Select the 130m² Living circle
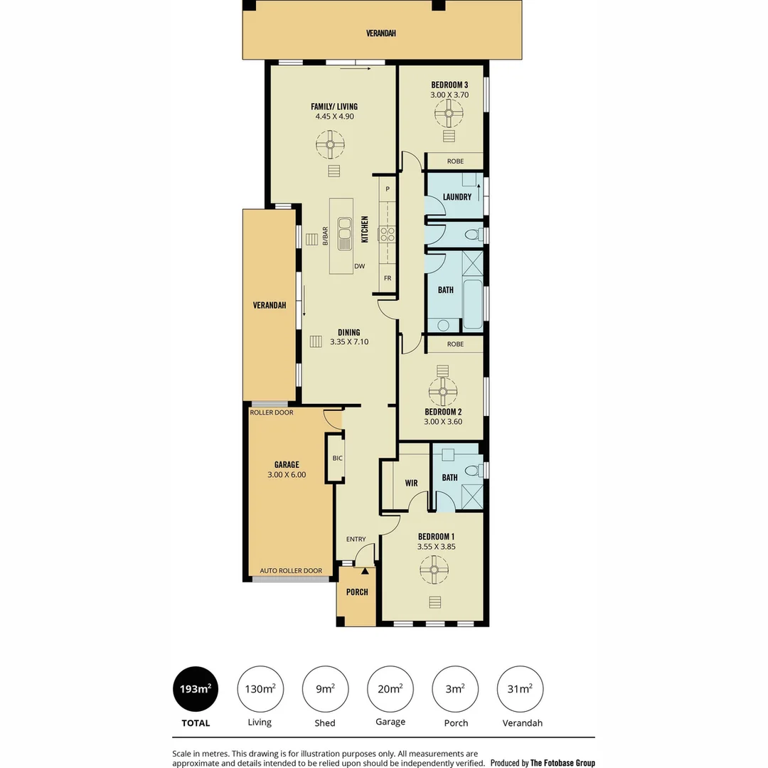coord(260,689)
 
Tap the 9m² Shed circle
coord(325,689)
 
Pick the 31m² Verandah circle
coord(521,689)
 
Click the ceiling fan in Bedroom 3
coord(449,112)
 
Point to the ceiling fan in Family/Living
coord(331,147)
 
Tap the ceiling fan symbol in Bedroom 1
coord(434,569)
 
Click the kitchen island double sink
coord(345,234)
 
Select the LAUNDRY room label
coord(457,197)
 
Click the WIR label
coord(411,483)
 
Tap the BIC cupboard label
coord(337,458)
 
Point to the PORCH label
coord(357,592)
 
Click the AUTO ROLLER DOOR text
coord(291,571)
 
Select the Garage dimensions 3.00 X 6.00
coord(287,474)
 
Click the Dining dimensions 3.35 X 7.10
coord(349,342)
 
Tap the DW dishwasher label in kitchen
coord(360,267)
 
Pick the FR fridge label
coord(388,278)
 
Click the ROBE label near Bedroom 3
coord(455,161)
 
